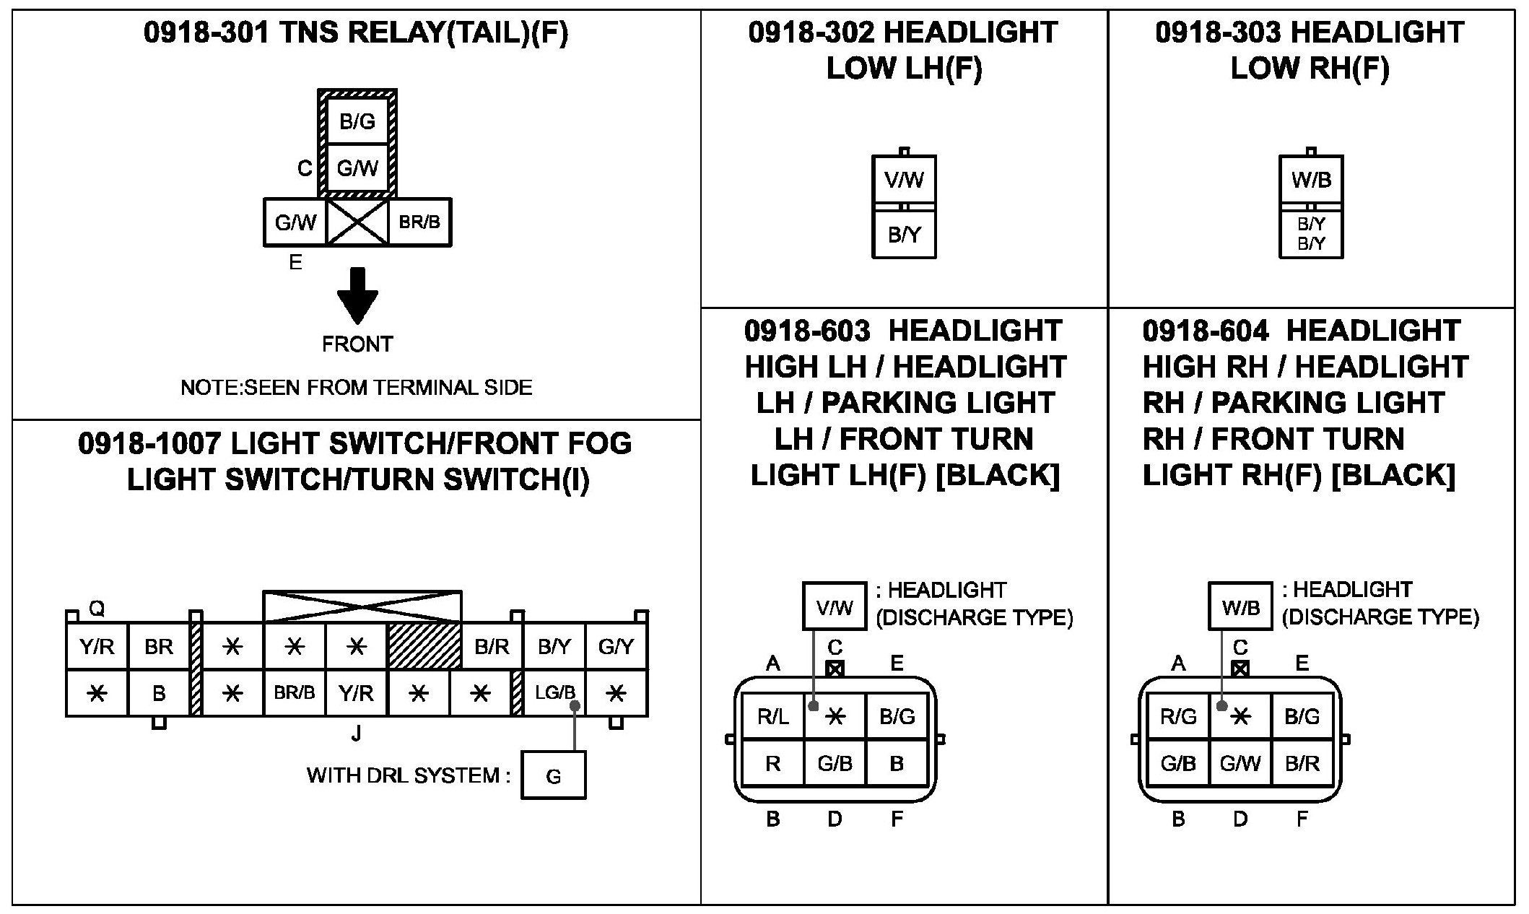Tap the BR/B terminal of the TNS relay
[419, 222]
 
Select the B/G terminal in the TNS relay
[357, 121]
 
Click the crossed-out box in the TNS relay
[357, 222]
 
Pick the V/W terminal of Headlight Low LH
[904, 180]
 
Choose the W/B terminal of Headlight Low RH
[1311, 180]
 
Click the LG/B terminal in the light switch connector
[554, 693]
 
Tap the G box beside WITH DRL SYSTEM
[553, 776]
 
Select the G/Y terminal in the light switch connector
[616, 647]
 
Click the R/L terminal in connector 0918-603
[773, 716]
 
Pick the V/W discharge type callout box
[835, 607]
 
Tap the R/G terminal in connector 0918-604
[1178, 716]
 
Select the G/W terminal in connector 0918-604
[1240, 764]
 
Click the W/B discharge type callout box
[1240, 607]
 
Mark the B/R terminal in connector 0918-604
[1302, 764]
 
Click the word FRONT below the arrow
[357, 344]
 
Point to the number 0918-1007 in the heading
[149, 444]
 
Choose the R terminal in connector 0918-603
[773, 764]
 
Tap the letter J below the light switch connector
[356, 735]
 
